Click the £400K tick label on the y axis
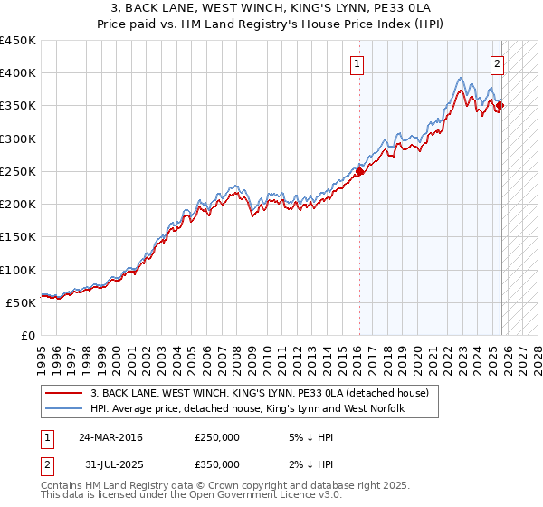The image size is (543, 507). point(18,73)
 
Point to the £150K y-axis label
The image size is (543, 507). point(18,236)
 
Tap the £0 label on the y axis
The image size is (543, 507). point(27,335)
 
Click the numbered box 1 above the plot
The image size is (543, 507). point(358,63)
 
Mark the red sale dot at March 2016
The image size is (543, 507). point(359,171)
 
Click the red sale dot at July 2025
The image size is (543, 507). point(500,106)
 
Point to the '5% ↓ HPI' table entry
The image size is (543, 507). point(310,437)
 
